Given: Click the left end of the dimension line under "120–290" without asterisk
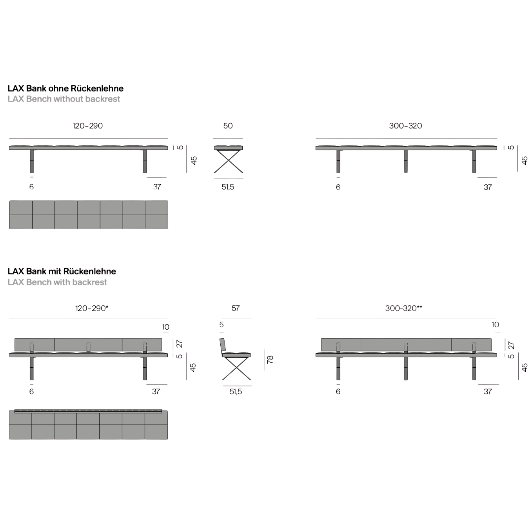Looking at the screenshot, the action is click(x=9, y=138).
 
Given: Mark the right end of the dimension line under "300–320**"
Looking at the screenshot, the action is click(x=497, y=318).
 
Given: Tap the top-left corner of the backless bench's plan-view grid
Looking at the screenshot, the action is click(x=10, y=201).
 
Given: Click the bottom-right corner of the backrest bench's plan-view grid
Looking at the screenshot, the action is click(x=168, y=439).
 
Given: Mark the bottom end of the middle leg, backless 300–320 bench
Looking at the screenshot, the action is click(x=406, y=173).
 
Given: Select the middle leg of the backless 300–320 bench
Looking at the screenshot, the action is click(x=406, y=161).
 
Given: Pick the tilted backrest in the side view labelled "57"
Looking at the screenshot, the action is click(x=223, y=344).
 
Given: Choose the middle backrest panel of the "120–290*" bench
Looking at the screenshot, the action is click(x=88, y=344).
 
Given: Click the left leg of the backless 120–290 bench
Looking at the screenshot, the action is click(x=32, y=161).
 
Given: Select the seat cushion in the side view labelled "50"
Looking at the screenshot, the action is click(x=228, y=147).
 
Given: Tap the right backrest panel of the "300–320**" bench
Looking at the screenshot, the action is click(x=471, y=344).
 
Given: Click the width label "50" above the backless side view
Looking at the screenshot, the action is click(x=228, y=126).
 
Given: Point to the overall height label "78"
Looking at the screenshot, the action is click(x=270, y=359).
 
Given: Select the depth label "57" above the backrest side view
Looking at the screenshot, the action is click(x=236, y=308).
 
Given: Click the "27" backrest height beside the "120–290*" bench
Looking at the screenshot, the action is click(x=179, y=344).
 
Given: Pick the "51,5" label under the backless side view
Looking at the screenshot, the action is click(x=228, y=187).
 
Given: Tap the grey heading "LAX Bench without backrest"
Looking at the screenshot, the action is click(x=64, y=99).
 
